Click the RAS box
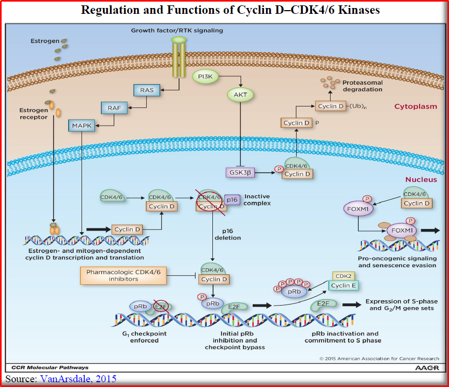(x=147, y=90)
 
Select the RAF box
(x=114, y=108)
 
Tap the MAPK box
(x=82, y=126)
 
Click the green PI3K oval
(x=205, y=76)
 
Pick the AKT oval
(x=240, y=95)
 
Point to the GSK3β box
(x=240, y=172)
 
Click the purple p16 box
(x=232, y=200)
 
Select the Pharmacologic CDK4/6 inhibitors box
(x=123, y=276)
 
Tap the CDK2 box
(x=343, y=276)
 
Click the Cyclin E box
(x=343, y=285)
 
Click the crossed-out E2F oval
(x=161, y=307)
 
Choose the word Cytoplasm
(x=415, y=106)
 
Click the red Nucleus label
(x=421, y=179)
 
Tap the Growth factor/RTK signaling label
(x=177, y=30)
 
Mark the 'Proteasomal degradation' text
(x=363, y=86)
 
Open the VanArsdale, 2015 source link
(x=78, y=378)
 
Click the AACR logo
(x=427, y=367)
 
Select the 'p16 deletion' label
(x=228, y=234)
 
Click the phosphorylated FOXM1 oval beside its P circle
(x=358, y=209)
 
